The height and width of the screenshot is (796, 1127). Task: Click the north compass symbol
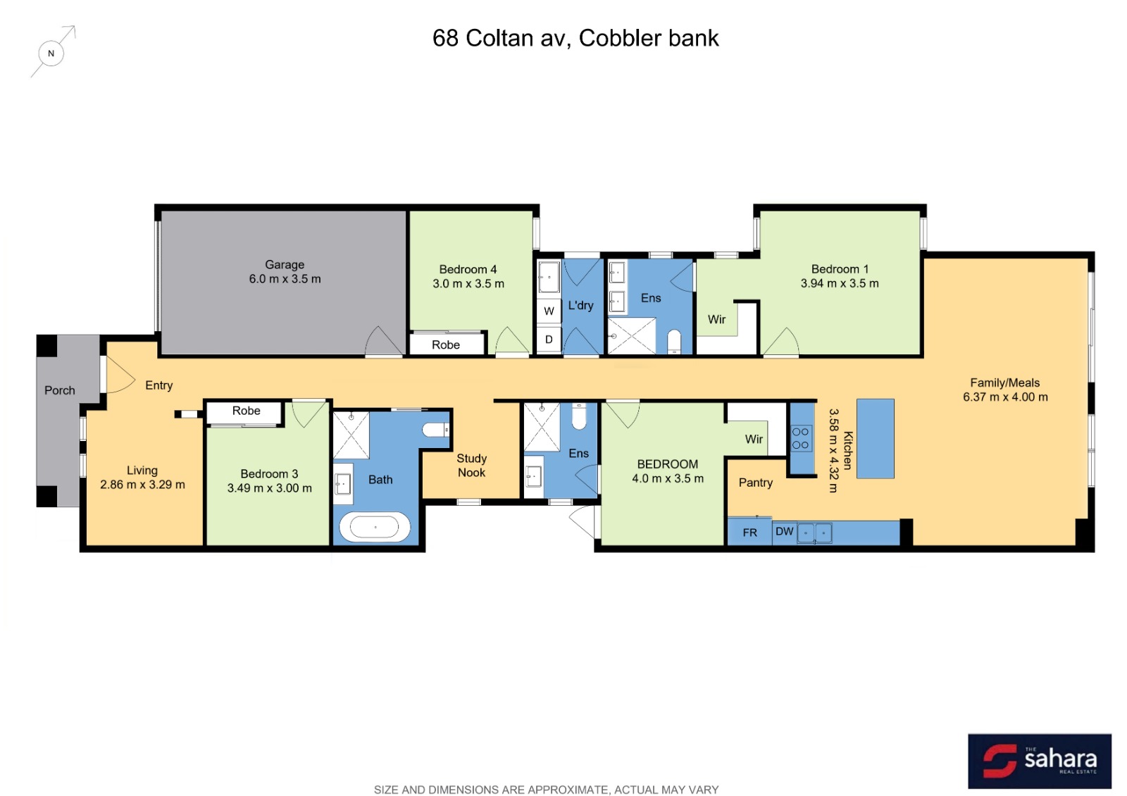coord(51,53)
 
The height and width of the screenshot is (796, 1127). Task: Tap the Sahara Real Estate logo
coord(1039,760)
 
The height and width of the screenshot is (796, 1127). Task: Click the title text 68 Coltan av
coord(502,38)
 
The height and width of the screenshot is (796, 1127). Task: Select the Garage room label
coord(285,265)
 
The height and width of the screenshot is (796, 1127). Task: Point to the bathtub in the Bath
coord(375,527)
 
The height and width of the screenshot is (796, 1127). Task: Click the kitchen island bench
coord(875,438)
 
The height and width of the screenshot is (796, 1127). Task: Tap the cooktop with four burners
coord(800,438)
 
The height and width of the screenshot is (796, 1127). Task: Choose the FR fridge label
coord(749,533)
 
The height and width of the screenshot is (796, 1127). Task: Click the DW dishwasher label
coord(785,531)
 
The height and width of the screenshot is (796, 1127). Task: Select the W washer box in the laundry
coord(549,311)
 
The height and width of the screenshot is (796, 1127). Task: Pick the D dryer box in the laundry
coord(549,340)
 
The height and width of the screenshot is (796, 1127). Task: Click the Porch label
coord(59,390)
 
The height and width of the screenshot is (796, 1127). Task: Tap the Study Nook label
coord(471,466)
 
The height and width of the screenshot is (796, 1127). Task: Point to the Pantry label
coord(755,483)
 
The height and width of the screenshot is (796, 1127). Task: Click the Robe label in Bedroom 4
coord(446,344)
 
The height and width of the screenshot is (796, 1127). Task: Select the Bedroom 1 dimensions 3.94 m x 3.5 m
coord(839,283)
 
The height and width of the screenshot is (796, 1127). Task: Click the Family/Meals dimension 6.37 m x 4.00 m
coord(1005,397)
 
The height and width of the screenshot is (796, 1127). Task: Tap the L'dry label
coord(580,306)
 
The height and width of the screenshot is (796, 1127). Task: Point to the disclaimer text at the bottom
coord(546,790)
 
